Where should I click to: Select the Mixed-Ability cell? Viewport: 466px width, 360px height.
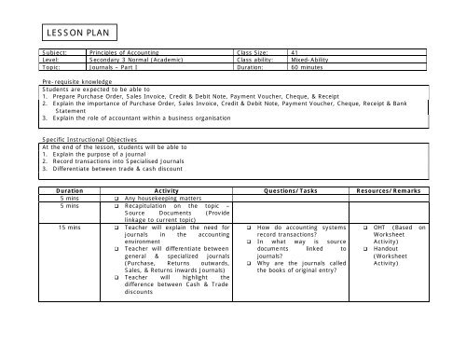(x=312, y=61)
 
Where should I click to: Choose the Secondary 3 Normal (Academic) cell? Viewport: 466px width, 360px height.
(x=124, y=61)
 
